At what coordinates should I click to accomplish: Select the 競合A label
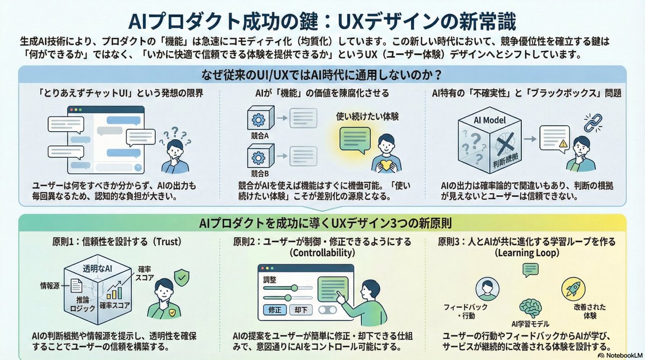tap(259, 136)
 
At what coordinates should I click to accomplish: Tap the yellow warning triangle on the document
tap(563, 143)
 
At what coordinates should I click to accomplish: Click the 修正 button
tap(275, 310)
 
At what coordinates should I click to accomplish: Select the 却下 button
tap(302, 310)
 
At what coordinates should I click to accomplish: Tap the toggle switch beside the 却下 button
tap(327, 310)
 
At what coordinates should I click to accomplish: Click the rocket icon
tap(572, 289)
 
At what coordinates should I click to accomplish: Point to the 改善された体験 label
tap(578, 311)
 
